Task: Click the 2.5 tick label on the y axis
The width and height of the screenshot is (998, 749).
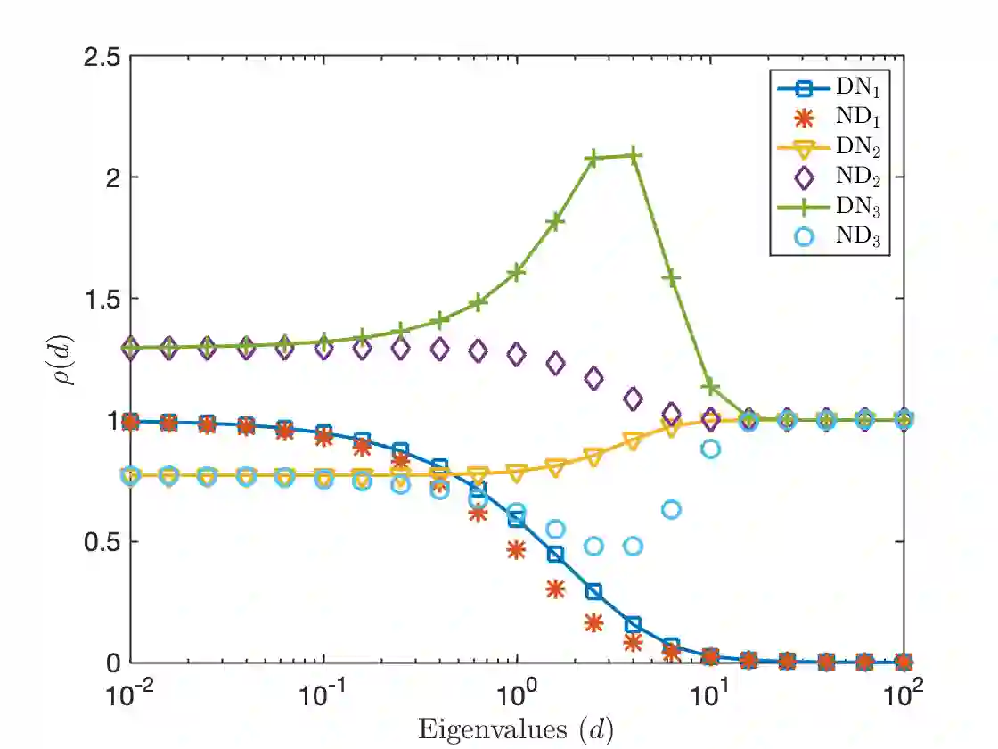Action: (101, 55)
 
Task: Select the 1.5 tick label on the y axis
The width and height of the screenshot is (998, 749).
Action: (101, 299)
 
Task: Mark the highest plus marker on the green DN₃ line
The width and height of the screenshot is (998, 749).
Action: (633, 156)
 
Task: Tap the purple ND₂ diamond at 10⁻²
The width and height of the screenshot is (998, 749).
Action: (131, 348)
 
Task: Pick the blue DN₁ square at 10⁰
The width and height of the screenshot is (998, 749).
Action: (517, 519)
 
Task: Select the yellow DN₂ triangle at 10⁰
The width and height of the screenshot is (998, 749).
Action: (517, 472)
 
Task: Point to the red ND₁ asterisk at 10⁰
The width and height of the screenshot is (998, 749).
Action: (517, 550)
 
